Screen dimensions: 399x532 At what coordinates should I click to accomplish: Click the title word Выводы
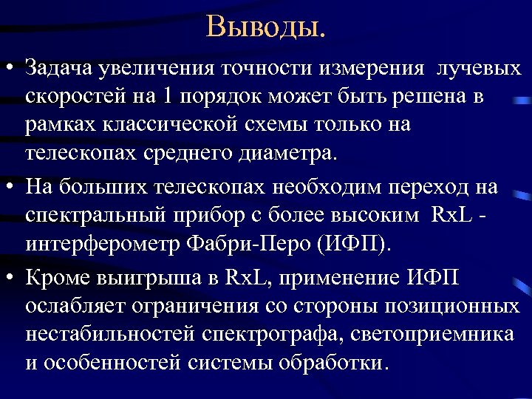(x=265, y=27)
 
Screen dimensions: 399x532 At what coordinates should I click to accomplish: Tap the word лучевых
(x=480, y=69)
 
